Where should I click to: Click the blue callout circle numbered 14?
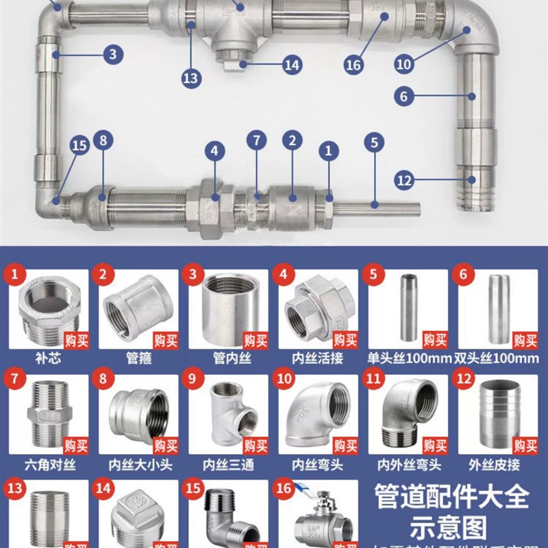point(292,65)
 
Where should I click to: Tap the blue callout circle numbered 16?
point(353,65)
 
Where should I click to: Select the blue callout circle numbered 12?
point(404,181)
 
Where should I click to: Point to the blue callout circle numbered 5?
point(373,143)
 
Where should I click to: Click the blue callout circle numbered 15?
point(79,145)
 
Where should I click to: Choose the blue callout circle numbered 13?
point(191,78)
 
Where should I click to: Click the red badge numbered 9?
point(195,381)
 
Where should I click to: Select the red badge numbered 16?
point(284,488)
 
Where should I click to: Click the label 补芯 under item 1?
point(49,358)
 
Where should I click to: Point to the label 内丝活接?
point(317,358)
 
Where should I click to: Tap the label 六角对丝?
point(49,464)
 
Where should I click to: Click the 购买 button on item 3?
point(256,340)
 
